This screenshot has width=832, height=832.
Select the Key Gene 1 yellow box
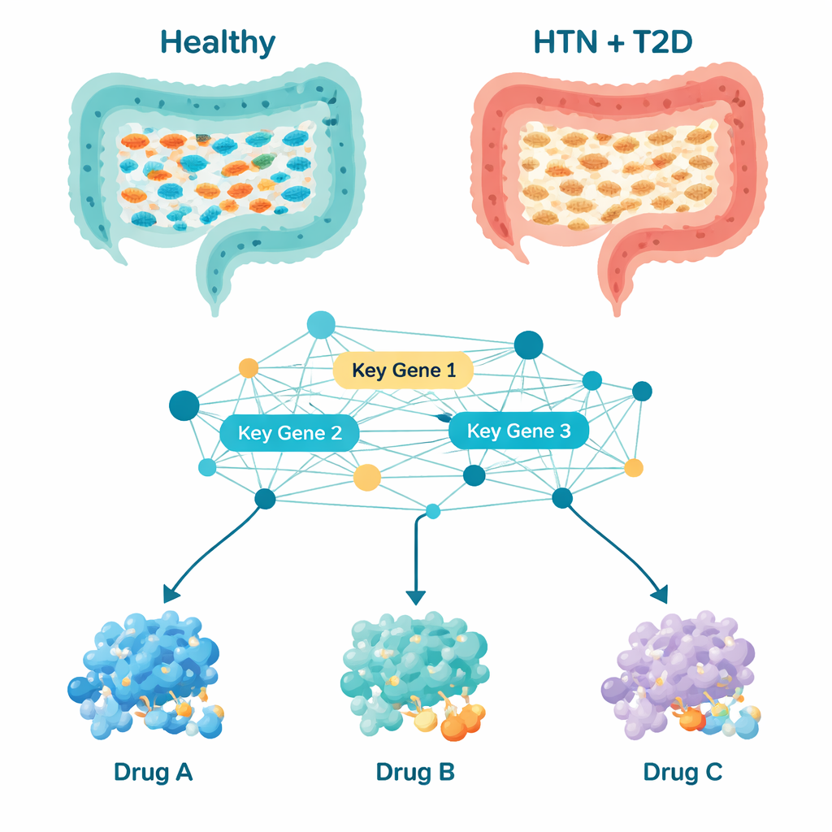point(403,370)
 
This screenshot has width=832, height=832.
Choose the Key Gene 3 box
point(519,431)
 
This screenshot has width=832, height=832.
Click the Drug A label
point(154,772)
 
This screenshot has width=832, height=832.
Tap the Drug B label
point(415,772)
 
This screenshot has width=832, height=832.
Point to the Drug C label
point(682,772)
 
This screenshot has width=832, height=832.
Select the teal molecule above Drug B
point(414,674)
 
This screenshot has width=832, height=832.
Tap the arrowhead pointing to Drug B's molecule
point(415,597)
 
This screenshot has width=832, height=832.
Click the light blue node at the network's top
point(320,325)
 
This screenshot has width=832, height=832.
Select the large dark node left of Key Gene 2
point(184,405)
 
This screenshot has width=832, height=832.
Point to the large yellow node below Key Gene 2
point(367,477)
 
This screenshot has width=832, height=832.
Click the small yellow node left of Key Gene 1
point(248,368)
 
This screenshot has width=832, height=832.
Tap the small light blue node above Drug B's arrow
point(433,511)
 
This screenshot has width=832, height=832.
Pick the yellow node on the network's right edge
point(634,467)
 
